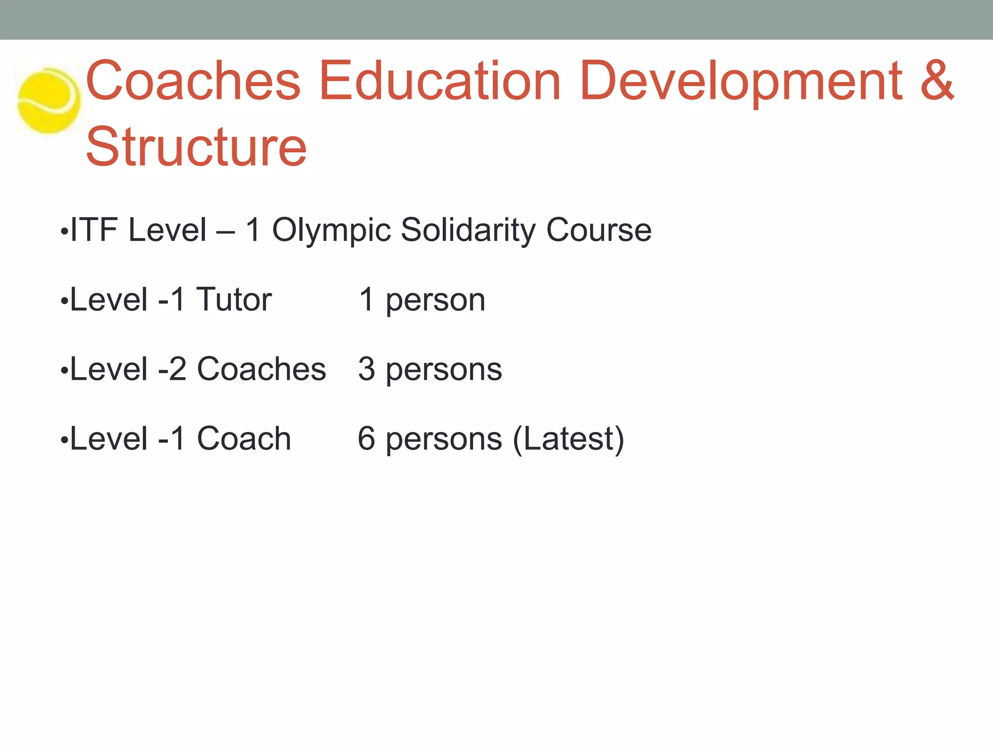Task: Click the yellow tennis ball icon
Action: point(48,100)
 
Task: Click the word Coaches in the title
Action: point(193,81)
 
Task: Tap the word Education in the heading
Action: point(440,81)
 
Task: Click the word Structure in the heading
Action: point(196,146)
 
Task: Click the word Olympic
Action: point(331,231)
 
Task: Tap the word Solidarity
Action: point(468,231)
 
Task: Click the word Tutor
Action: point(234,299)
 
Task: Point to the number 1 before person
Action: point(367,299)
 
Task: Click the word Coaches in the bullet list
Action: point(261,369)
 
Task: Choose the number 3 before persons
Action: point(367,369)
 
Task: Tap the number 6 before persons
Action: point(367,438)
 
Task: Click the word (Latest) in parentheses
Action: point(568,439)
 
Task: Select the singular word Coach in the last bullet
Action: point(244,438)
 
